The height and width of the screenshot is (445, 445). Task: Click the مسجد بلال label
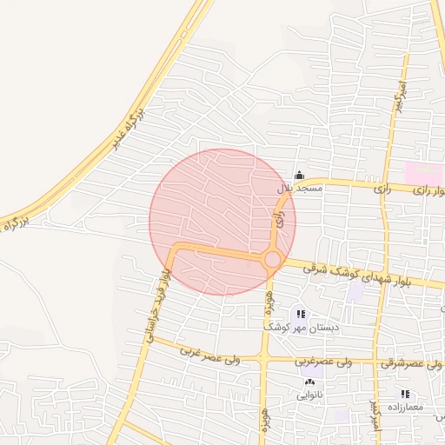[x=300, y=188]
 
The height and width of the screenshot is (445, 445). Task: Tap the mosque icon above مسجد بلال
[x=300, y=175]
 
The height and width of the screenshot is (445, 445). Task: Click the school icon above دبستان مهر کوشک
[x=300, y=314]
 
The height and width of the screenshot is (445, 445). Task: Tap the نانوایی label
[x=310, y=395]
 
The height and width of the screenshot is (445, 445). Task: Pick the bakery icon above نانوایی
[x=309, y=382]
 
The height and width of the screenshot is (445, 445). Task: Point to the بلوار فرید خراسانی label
[x=157, y=304]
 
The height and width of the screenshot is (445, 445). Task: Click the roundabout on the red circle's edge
[x=273, y=259]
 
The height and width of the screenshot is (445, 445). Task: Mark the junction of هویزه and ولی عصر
[x=263, y=358]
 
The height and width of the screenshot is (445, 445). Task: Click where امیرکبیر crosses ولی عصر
[x=376, y=360]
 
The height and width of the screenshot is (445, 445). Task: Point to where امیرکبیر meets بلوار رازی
[x=385, y=185]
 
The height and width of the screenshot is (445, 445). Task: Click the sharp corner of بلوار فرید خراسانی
[x=174, y=249]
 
